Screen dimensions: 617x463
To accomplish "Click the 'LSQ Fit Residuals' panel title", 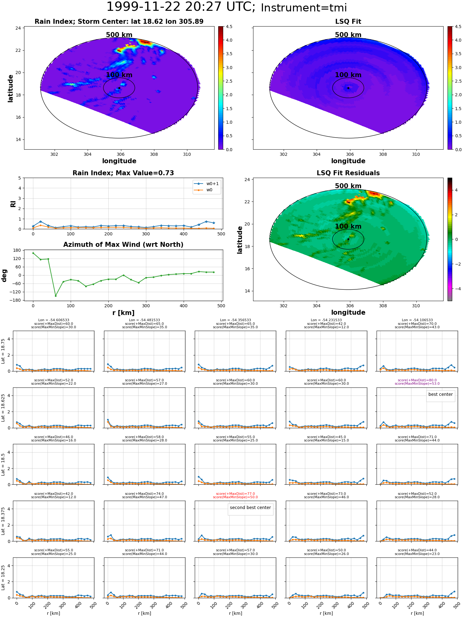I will [348, 173].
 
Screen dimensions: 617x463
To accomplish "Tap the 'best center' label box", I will [440, 395].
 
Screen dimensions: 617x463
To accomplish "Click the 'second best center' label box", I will [250, 508].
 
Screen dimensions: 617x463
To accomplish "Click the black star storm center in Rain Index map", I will [119, 88].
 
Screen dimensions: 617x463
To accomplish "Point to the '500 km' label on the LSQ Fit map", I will [348, 35].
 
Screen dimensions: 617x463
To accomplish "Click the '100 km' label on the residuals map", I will [348, 226].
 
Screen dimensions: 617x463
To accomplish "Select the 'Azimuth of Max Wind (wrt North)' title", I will [123, 245].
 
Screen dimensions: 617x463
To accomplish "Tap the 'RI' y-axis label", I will [13, 204].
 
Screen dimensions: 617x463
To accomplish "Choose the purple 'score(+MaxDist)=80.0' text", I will [417, 380].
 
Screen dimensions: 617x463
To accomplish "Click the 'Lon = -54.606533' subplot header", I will [53, 320].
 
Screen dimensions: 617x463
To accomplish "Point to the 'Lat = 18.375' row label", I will [3, 521].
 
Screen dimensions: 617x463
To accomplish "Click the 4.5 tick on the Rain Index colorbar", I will [229, 27].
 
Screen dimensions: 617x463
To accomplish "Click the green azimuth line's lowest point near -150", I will [56, 296].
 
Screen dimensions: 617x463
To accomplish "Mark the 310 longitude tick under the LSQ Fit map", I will [416, 154].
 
